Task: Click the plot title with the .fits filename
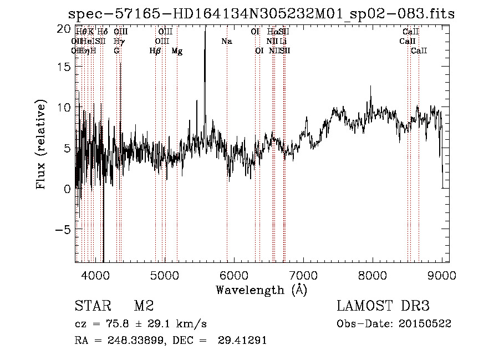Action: [261, 14]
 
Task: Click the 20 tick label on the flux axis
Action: [64, 28]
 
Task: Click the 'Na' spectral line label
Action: [226, 42]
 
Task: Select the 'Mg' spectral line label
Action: [177, 52]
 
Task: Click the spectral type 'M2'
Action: [144, 306]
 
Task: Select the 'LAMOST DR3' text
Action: [383, 306]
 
